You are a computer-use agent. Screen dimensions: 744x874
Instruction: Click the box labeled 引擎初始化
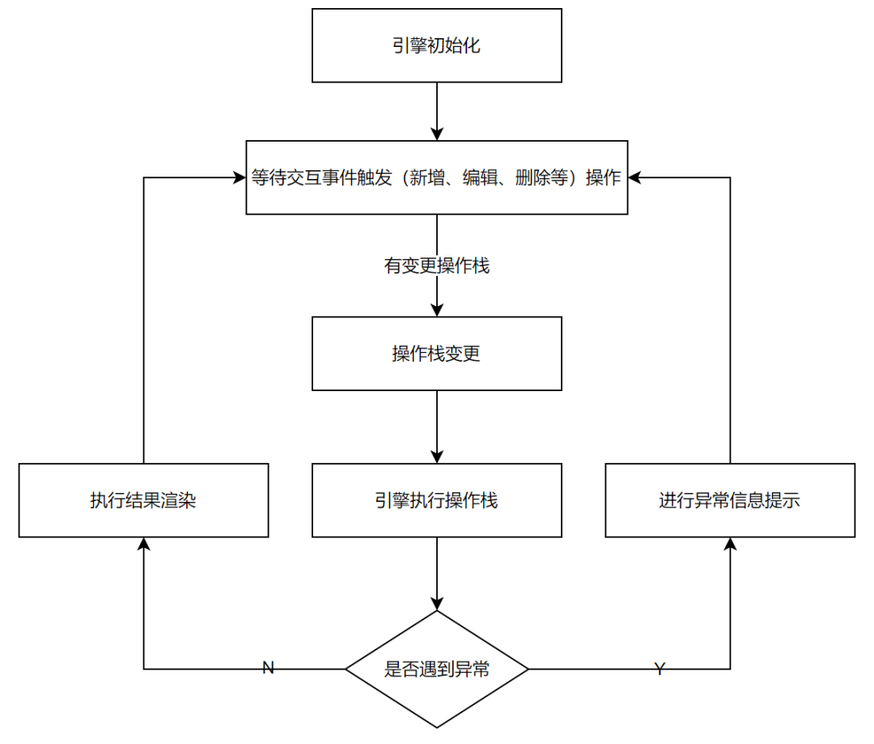point(437,45)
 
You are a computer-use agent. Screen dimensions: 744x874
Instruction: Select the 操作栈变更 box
point(437,354)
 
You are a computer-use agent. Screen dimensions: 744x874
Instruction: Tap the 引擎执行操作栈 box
point(437,500)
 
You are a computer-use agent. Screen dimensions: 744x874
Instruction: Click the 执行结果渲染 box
point(143,500)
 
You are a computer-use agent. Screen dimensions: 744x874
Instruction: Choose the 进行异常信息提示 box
point(730,500)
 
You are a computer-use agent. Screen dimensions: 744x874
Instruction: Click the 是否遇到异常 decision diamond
point(437,670)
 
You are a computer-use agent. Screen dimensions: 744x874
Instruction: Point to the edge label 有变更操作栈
point(437,266)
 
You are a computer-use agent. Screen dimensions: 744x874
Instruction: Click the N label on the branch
point(269,668)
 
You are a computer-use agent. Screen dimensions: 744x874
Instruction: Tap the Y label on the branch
point(660,669)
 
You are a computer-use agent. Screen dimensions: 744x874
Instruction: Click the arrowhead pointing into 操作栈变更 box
point(437,309)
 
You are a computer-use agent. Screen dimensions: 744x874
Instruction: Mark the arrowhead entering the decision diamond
point(437,603)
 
